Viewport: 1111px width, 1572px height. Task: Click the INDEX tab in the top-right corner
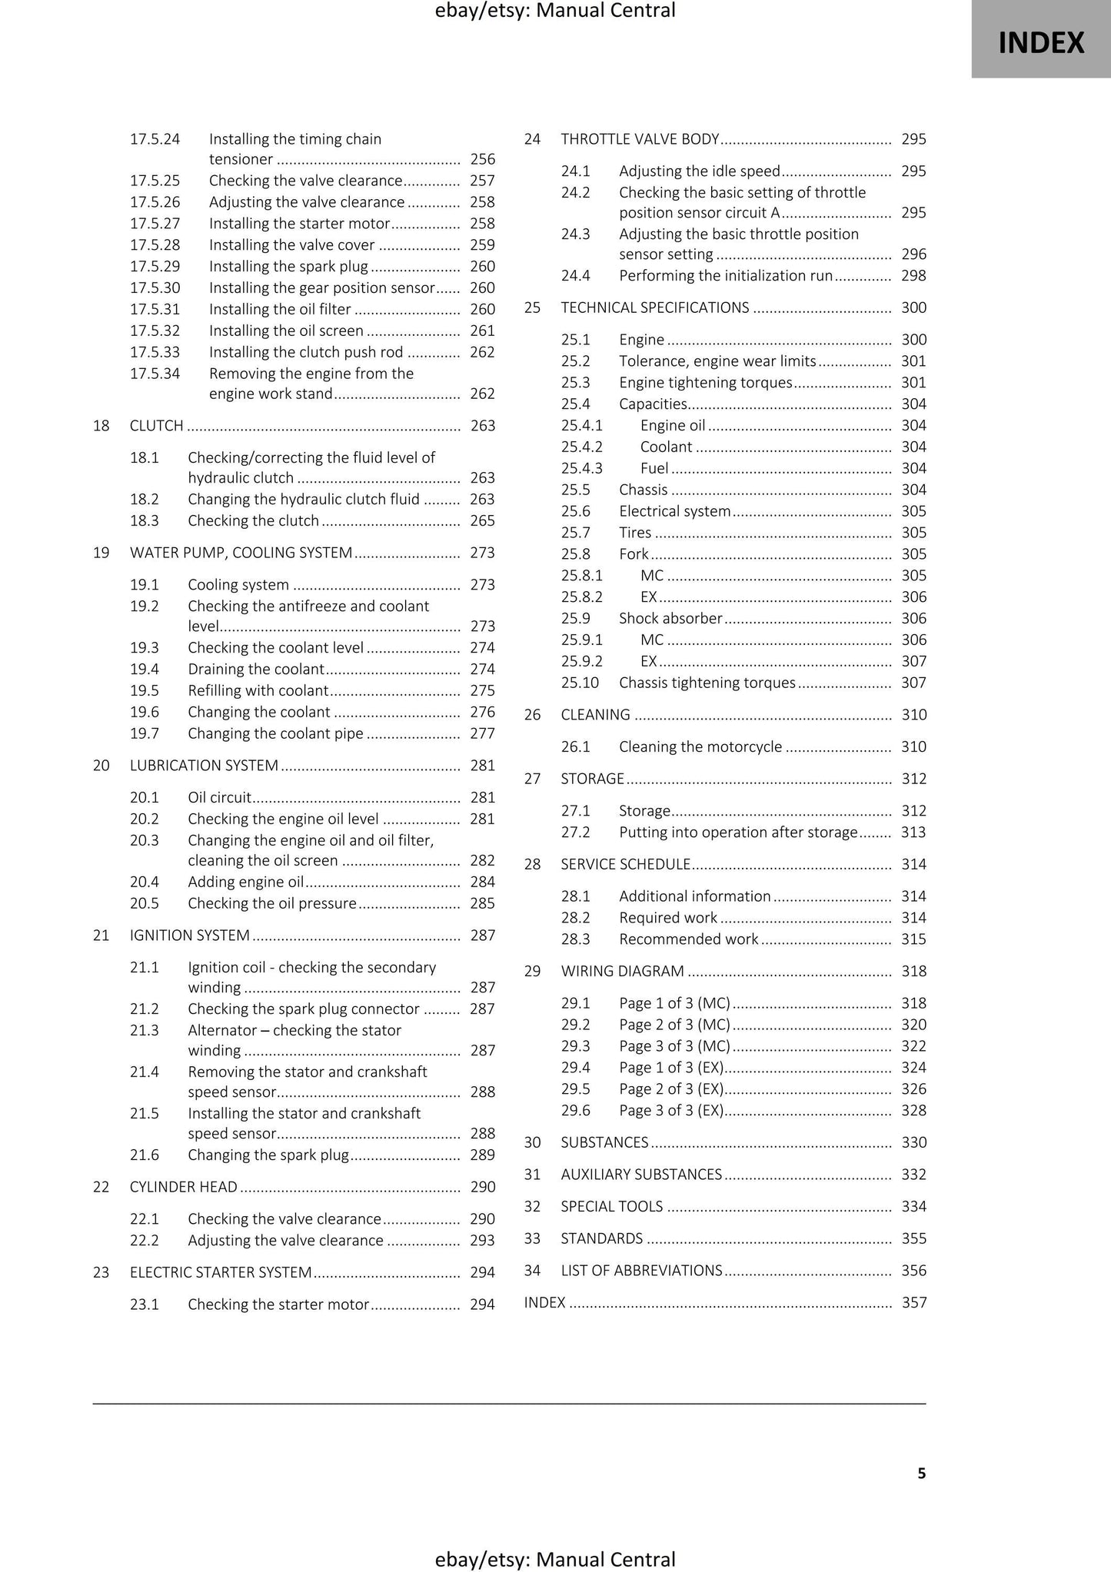(1040, 42)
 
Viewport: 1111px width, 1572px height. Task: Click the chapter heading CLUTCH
(157, 426)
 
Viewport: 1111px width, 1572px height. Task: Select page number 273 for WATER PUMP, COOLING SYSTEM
(482, 553)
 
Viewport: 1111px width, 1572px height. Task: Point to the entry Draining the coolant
(256, 670)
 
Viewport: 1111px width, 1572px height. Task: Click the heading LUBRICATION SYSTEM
(204, 766)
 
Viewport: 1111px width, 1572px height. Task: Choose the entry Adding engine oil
(246, 882)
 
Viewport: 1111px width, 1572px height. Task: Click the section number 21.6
(144, 1155)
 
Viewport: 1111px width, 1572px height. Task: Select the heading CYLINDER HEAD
(184, 1188)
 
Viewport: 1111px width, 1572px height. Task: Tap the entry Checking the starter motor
(278, 1305)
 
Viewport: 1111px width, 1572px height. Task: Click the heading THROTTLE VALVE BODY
(640, 139)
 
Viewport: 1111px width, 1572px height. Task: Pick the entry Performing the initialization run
(726, 276)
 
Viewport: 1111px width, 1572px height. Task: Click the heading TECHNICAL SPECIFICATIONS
(655, 308)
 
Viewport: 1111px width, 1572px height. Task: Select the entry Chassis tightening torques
(707, 683)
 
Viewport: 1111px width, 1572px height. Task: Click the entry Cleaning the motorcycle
(700, 747)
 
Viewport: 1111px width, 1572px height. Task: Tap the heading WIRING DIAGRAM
(622, 972)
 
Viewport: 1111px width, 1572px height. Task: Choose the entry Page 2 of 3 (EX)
(671, 1089)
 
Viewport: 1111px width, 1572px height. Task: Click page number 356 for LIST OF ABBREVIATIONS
(913, 1271)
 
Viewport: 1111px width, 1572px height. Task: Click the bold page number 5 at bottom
(921, 1474)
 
